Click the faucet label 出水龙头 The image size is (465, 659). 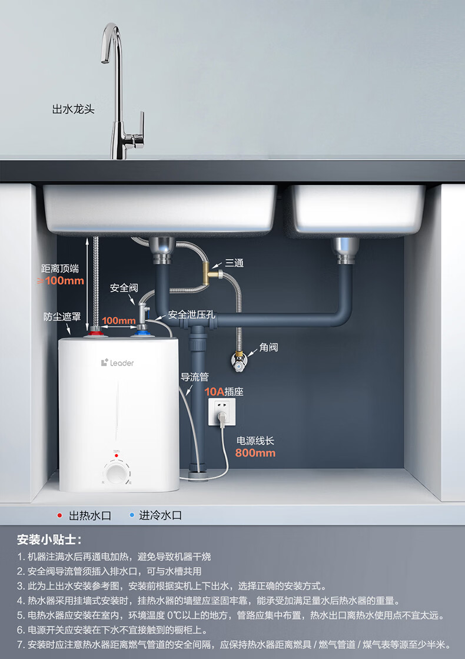pos(74,109)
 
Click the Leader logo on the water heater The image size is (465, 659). pos(117,363)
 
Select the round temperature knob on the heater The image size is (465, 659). pos(117,473)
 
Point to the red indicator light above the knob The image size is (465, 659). pos(117,456)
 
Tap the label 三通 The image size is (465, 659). pos(234,263)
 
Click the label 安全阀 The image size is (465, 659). pos(124,288)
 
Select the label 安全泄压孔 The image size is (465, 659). pos(192,314)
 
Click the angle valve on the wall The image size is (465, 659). pos(239,360)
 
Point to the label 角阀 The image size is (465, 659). pos(268,347)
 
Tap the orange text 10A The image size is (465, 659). pos(214,391)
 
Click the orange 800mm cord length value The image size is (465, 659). pos(255,453)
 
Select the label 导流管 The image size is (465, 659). pos(194,377)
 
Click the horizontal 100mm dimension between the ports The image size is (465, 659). pos(118,321)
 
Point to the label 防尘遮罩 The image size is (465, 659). pos(62,316)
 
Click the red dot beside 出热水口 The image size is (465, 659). pos(59,515)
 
